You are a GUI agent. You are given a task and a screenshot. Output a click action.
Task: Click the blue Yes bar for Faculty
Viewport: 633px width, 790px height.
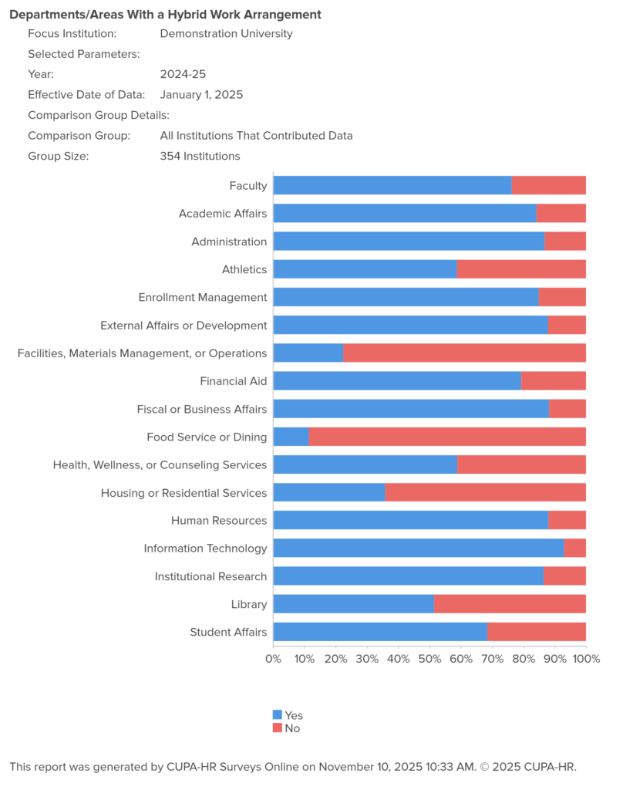pos(392,185)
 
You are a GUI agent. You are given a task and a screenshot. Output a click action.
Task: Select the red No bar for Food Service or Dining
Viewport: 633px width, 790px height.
pos(447,437)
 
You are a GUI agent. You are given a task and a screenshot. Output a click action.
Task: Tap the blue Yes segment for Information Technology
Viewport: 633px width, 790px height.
pos(418,549)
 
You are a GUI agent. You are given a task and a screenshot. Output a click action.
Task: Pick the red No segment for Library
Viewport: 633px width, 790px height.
pos(510,604)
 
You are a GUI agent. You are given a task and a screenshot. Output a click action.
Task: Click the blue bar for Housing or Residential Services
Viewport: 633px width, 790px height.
pos(329,493)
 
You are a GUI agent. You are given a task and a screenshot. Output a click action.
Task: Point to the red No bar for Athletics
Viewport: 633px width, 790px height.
pos(521,269)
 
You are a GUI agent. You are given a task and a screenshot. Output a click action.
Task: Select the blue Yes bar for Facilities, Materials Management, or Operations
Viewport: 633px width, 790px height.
pos(308,353)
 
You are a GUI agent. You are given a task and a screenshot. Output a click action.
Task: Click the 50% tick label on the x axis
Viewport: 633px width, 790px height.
pos(429,659)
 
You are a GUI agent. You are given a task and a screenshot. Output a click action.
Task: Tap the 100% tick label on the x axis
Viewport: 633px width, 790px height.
pos(586,659)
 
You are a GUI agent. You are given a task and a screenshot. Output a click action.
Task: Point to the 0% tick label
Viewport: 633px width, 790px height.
pos(273,659)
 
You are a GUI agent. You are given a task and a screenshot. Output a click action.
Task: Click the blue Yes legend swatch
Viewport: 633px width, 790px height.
pos(278,715)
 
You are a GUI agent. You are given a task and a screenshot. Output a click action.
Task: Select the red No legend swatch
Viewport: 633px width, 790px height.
pos(278,728)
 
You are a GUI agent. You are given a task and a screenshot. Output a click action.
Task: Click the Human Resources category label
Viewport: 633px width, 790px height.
pos(219,521)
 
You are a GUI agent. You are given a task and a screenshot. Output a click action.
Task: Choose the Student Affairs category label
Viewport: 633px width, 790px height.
pos(228,633)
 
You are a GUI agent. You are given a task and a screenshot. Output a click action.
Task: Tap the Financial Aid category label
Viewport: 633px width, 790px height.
pos(233,381)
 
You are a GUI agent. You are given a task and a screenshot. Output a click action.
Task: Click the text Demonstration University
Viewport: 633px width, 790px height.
pos(226,33)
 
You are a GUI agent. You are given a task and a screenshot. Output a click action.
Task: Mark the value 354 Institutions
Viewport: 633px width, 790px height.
pos(200,156)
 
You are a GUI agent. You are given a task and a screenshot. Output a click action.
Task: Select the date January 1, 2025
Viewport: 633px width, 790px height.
pos(201,95)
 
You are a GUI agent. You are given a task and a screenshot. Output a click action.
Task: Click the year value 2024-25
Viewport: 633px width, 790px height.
pos(183,75)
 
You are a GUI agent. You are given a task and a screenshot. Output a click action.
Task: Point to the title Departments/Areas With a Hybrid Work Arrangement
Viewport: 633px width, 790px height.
pos(165,15)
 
